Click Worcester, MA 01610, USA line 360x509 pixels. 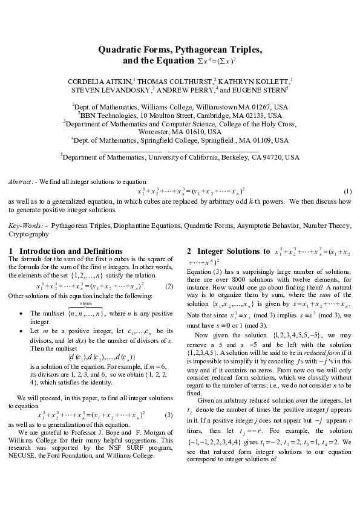[180, 131]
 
